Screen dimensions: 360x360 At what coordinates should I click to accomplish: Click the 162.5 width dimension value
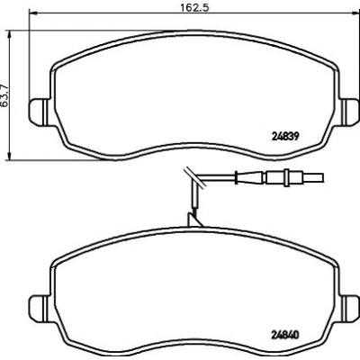click(194, 7)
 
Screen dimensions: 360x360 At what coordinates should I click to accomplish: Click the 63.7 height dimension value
click(5, 96)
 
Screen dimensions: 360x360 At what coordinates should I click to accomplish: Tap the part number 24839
click(285, 137)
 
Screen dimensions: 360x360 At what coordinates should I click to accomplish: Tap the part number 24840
click(285, 335)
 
